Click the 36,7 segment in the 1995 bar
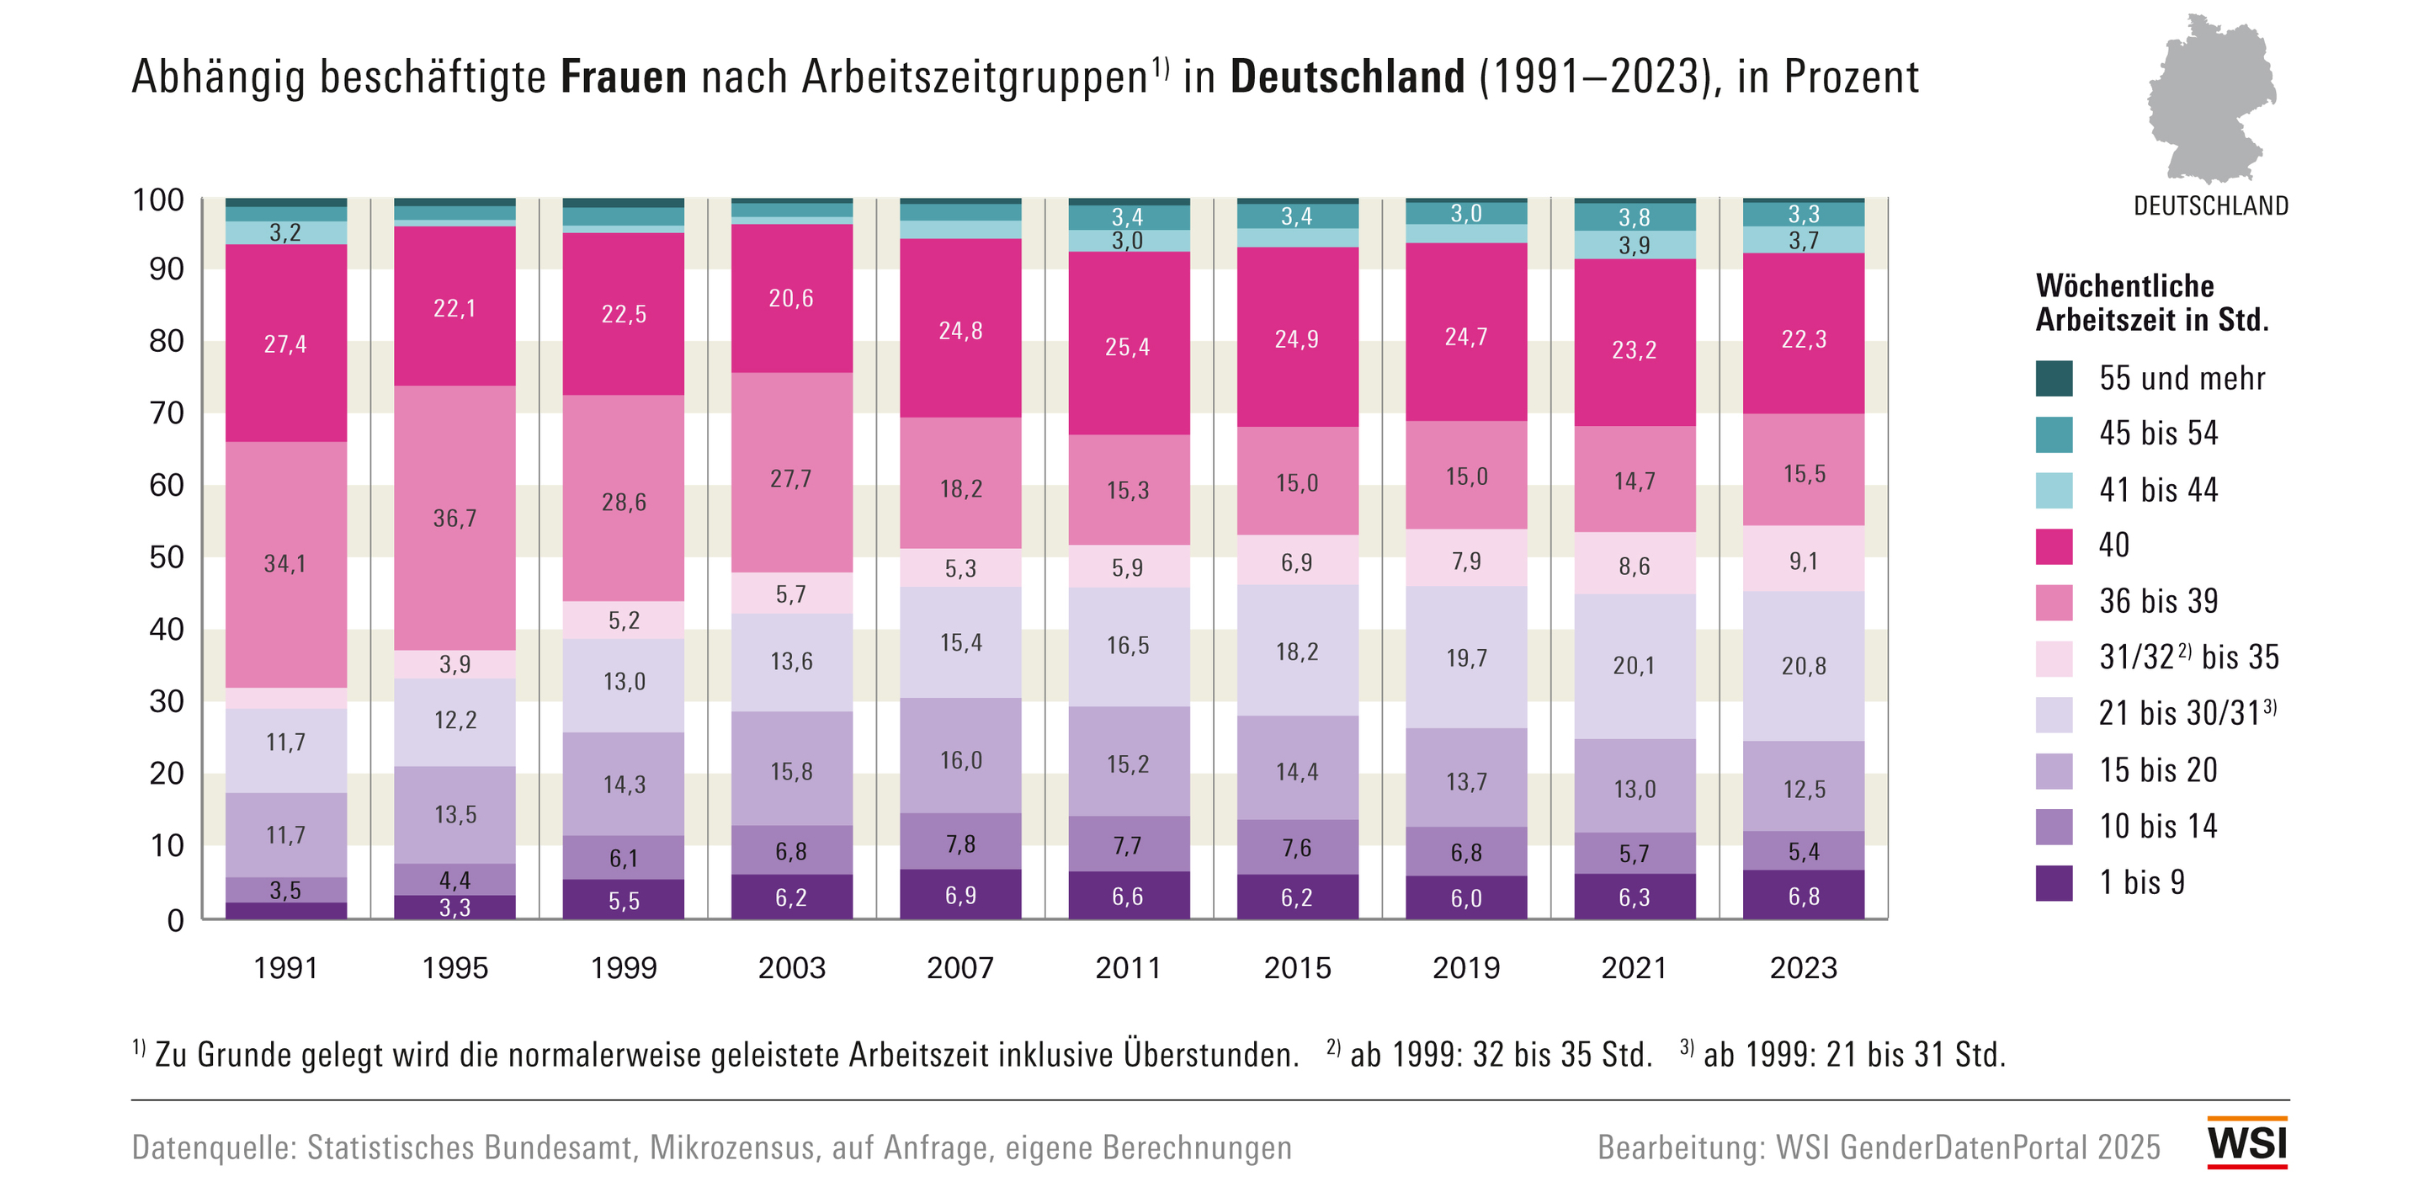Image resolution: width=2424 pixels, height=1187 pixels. coord(454,518)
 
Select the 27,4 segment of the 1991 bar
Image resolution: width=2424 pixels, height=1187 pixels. coord(285,343)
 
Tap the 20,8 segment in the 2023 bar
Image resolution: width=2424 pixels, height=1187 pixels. coord(1803,666)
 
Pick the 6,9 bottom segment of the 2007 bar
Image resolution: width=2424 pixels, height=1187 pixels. coord(959,894)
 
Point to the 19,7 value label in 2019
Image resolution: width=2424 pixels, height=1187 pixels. coord(1466,658)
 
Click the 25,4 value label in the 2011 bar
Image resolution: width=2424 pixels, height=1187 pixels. coord(1127,348)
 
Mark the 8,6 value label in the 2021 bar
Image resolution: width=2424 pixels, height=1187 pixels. coord(1634,566)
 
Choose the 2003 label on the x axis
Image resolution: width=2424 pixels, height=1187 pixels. coord(791,967)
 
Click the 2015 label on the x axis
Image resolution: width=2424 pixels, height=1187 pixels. coord(1297,967)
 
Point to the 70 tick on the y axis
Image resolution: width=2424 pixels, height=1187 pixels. coord(167,413)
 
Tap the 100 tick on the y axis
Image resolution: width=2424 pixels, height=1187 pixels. coord(158,200)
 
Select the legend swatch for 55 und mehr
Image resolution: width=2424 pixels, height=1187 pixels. coord(2054,379)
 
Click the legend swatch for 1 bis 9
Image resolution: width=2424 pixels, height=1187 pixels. coord(2054,883)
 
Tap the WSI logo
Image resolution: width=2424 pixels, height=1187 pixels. coord(2246,1142)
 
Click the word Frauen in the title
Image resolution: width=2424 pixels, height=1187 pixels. coord(623,77)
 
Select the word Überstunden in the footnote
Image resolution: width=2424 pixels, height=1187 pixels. coord(1210,1054)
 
